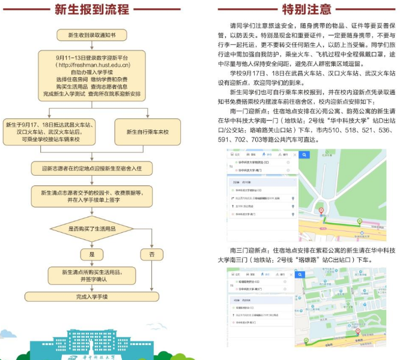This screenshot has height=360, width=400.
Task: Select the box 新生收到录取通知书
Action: click(x=92, y=35)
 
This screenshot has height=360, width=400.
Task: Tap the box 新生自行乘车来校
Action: click(x=146, y=130)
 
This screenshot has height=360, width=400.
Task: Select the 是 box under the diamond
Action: click(x=92, y=254)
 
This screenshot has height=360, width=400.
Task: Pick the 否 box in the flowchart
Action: click(x=152, y=254)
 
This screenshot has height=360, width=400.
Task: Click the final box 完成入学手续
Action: click(x=92, y=296)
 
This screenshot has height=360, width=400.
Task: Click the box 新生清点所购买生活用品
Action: click(x=92, y=275)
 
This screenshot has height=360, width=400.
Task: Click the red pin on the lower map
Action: click(x=357, y=331)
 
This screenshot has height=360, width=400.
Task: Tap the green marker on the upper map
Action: click(x=359, y=221)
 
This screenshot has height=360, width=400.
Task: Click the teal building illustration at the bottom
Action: click(x=90, y=343)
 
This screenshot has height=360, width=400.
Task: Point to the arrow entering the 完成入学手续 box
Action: click(x=92, y=288)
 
